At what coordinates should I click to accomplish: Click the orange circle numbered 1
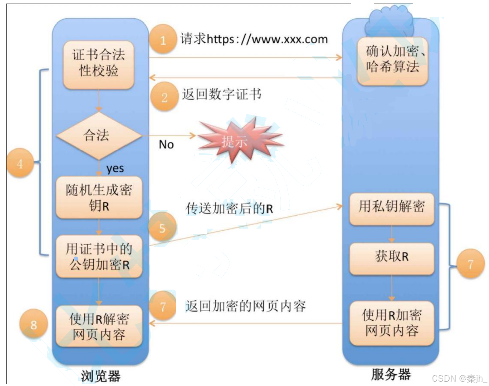163,39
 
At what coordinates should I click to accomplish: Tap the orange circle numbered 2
164,97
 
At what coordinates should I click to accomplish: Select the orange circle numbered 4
20,163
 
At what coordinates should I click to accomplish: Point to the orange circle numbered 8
34,325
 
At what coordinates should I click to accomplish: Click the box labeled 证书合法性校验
99,64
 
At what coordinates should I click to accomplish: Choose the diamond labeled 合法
99,136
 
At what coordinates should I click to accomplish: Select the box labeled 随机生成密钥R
99,198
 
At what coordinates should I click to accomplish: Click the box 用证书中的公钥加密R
99,257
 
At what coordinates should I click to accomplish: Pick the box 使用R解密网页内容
99,326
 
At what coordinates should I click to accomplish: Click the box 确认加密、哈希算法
392,60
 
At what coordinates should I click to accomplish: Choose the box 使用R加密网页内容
392,323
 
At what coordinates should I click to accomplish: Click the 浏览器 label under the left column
100,376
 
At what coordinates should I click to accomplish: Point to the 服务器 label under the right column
391,374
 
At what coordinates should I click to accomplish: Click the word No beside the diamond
166,145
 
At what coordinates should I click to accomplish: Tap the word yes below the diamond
115,168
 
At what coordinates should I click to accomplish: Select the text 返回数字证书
222,94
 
